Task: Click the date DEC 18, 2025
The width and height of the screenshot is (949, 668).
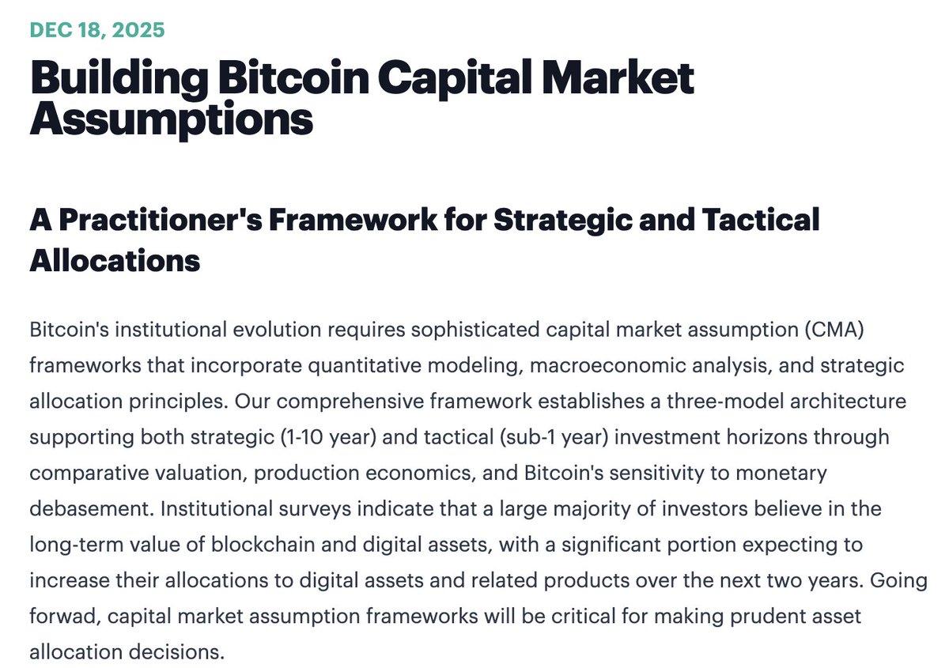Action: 96,31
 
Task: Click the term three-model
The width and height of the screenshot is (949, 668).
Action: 664,402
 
